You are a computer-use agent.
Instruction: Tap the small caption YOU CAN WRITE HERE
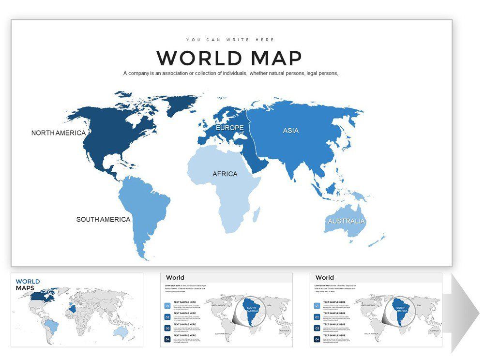click(x=230, y=40)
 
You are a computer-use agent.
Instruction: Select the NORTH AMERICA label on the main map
click(x=58, y=133)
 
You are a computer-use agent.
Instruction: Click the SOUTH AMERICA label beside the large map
click(x=103, y=219)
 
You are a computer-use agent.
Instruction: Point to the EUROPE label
click(x=229, y=128)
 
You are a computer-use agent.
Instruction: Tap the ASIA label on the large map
click(x=290, y=131)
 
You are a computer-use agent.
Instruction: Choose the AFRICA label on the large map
click(x=225, y=174)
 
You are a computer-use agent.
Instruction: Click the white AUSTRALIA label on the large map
click(x=346, y=221)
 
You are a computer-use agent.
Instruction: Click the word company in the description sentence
click(x=144, y=73)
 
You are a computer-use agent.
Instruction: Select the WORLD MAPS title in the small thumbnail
click(x=28, y=285)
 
